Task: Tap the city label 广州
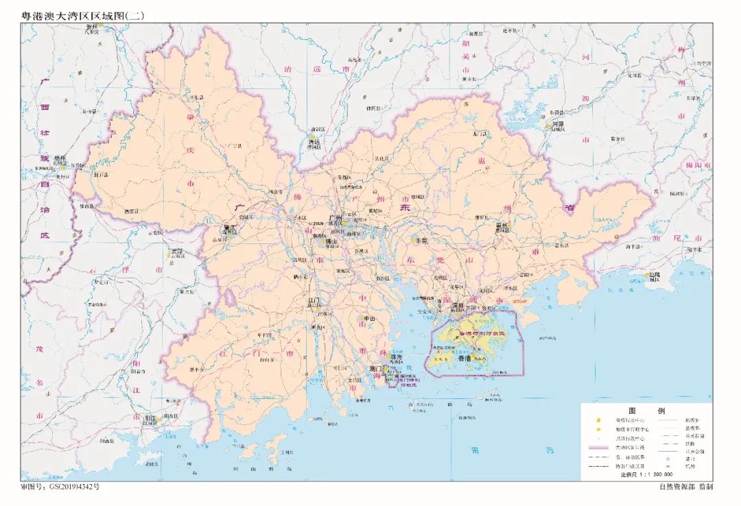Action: pyautogui.click(x=336, y=218)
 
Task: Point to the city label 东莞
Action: pyautogui.click(x=419, y=241)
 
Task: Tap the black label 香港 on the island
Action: pyautogui.click(x=464, y=359)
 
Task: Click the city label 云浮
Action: pyautogui.click(x=177, y=252)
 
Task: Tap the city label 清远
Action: pyautogui.click(x=314, y=141)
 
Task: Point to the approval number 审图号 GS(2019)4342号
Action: pyautogui.click(x=65, y=486)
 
